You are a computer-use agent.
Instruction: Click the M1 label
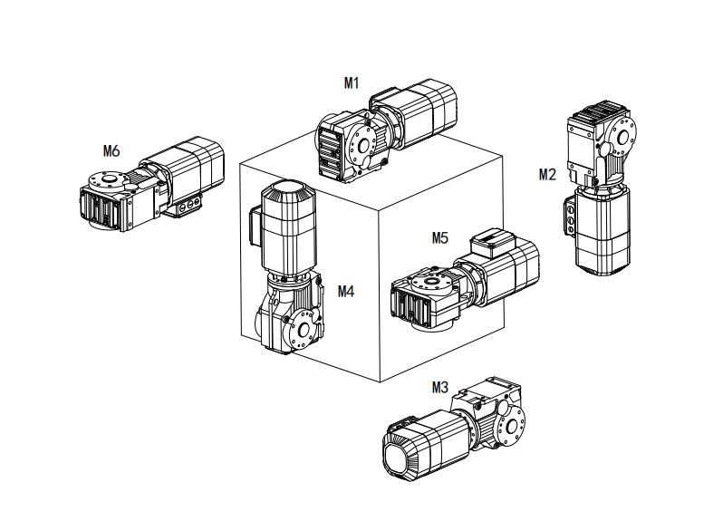coord(352,82)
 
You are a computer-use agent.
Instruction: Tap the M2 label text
coord(547,174)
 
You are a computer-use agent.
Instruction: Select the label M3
coord(440,387)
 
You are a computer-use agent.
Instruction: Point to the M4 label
coord(346,291)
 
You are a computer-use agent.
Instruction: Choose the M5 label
coord(440,238)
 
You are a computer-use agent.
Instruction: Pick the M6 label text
coord(111,150)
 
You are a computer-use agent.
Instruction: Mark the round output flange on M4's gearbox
coord(304,323)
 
